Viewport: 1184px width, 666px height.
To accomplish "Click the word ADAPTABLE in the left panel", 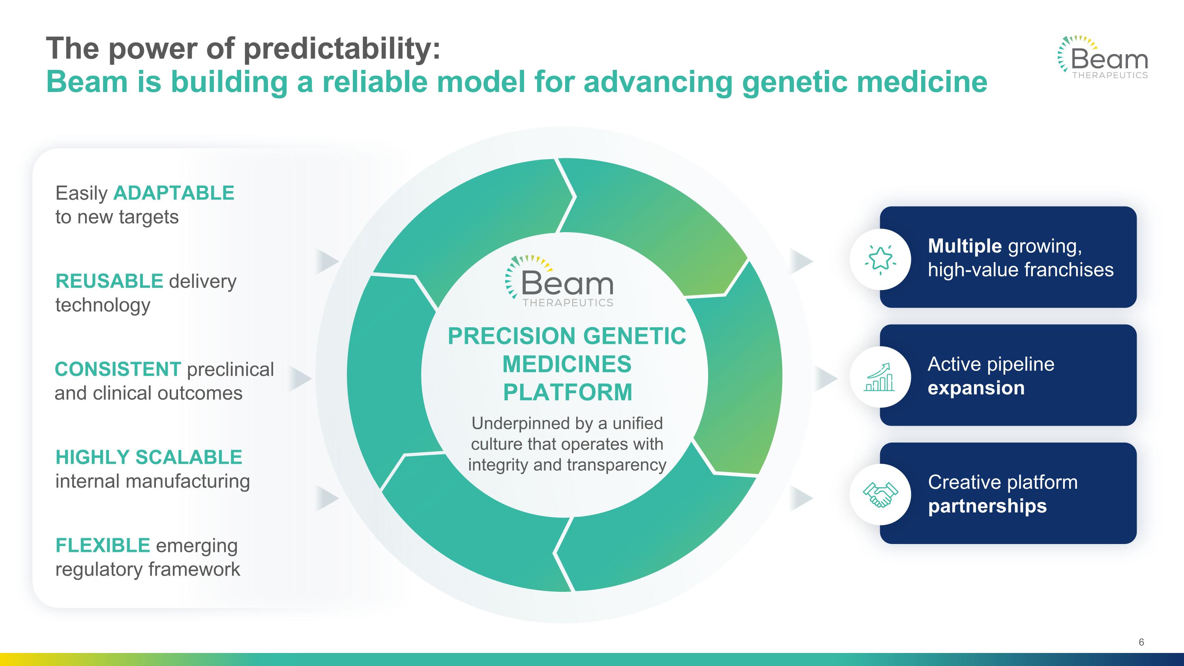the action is click(x=174, y=193).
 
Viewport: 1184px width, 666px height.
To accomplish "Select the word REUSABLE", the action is click(x=109, y=281).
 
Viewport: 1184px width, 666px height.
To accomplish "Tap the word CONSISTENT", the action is click(x=118, y=369).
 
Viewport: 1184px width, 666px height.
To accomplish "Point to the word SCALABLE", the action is click(x=189, y=457).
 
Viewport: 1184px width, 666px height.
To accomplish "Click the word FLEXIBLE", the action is click(x=103, y=546).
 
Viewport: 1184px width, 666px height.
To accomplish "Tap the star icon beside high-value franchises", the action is click(x=880, y=259).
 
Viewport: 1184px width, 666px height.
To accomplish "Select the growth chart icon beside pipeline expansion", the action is click(x=880, y=377).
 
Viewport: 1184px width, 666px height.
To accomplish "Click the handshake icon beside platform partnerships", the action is click(x=880, y=495).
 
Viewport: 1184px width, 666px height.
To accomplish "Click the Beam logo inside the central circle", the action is click(x=559, y=281).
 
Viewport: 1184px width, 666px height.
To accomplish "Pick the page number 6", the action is click(x=1141, y=642).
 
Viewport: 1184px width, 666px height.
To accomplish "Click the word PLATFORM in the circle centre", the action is click(x=568, y=392).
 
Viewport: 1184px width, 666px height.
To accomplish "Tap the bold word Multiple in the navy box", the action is click(x=965, y=246).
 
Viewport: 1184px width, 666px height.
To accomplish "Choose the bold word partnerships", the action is click(x=987, y=506).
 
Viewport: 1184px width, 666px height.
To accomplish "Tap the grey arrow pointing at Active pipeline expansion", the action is click(x=826, y=379).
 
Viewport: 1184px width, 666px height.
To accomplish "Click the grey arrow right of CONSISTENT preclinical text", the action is click(x=301, y=379).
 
